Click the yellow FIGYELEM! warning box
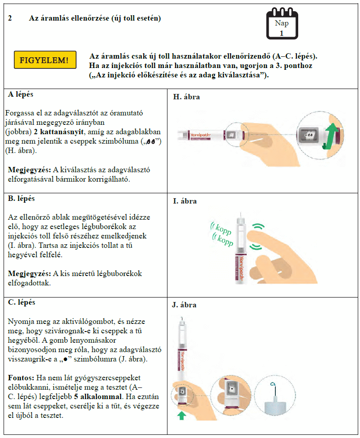(44, 60)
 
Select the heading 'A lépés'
(21, 95)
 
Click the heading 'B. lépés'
(21, 198)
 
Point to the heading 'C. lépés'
(21, 302)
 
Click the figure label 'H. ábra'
(186, 97)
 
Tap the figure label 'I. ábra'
(185, 201)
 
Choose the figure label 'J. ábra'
(185, 305)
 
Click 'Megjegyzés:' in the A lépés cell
(29, 170)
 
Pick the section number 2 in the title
(10, 18)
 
